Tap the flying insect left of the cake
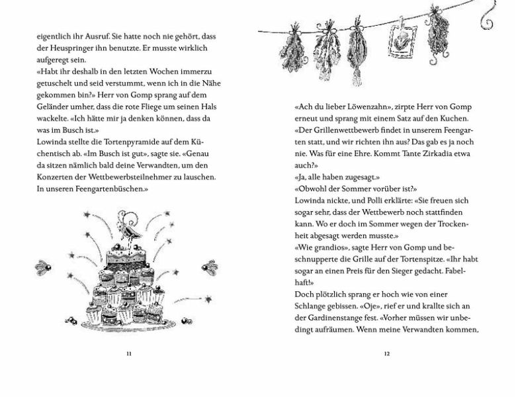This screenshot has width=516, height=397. coord(44,267)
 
